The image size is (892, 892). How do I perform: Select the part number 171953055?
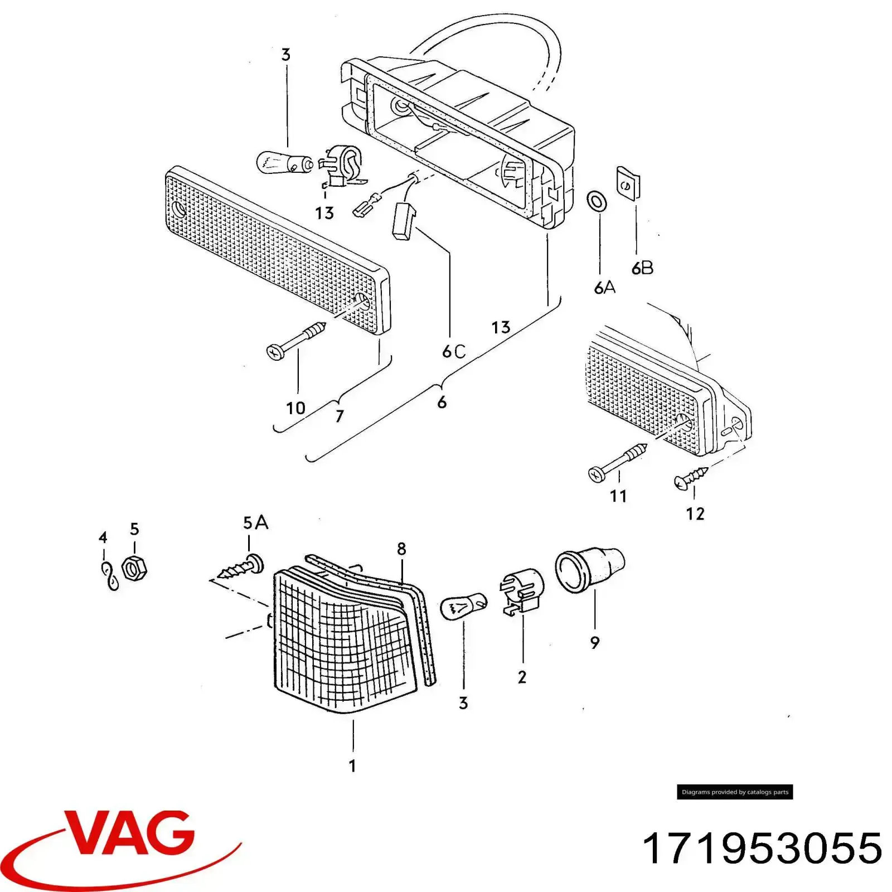click(x=762, y=849)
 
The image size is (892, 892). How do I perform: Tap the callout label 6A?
click(x=605, y=288)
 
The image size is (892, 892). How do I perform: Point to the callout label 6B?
click(x=642, y=268)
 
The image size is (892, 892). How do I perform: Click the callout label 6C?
click(x=453, y=352)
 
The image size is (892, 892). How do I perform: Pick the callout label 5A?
click(x=255, y=523)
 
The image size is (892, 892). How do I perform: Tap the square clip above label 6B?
click(x=628, y=182)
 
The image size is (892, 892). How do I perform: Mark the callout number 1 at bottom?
click(x=352, y=765)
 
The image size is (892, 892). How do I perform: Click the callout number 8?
click(x=402, y=549)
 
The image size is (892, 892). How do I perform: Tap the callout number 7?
click(x=339, y=416)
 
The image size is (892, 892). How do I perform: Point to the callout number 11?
click(x=618, y=496)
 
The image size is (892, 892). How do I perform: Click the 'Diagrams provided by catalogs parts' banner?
click(x=735, y=792)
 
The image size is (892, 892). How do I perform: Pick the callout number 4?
click(x=103, y=537)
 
